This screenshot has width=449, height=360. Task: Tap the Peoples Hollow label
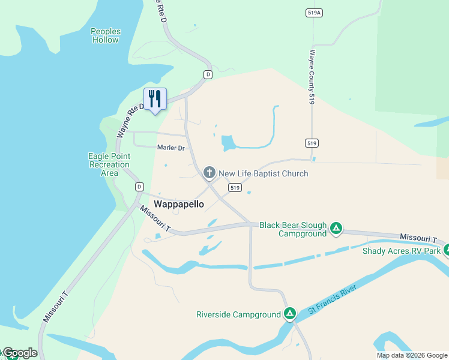106,35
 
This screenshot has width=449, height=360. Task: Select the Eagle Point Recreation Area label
109,164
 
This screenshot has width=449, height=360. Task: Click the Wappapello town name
179,204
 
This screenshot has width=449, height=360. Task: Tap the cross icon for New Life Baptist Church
209,173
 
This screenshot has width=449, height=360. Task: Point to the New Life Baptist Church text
263,173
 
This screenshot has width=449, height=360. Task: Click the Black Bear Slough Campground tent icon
337,228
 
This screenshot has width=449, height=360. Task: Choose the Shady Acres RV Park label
402,251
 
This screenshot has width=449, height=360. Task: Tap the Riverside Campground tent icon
290,313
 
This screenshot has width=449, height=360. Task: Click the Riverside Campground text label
238,314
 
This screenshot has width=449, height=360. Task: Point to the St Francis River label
333,299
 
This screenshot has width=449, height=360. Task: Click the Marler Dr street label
170,148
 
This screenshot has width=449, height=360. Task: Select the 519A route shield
313,13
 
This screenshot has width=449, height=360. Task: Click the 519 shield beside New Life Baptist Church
235,188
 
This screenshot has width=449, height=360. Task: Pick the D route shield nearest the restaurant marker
208,74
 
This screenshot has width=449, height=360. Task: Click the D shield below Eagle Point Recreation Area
139,187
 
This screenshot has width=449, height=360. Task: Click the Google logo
19,353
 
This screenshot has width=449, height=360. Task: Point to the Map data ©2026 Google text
411,355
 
